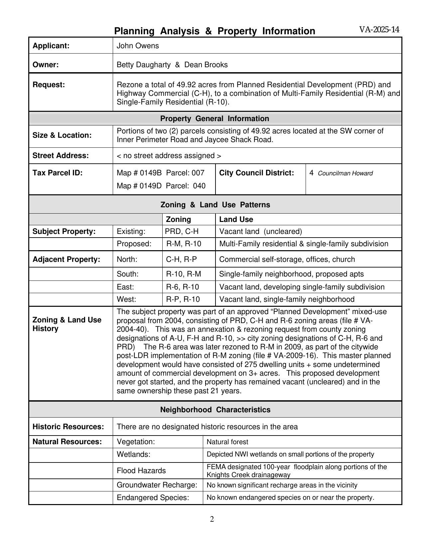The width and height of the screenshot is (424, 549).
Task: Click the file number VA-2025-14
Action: point(379,30)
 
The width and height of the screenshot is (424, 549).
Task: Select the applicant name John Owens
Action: point(138,46)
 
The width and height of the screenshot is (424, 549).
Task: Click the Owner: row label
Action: point(46,65)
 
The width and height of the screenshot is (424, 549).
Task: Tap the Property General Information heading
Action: point(214,119)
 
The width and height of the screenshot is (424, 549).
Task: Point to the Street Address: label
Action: point(61,156)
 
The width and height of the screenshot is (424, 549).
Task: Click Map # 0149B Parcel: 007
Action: point(161,173)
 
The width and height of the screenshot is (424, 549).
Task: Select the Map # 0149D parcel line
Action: point(161,186)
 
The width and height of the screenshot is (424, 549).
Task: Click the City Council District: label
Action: point(257,173)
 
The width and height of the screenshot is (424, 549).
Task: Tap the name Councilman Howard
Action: point(345,173)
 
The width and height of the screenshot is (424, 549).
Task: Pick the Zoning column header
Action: point(178,220)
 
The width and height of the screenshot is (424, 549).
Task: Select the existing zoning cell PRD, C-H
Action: point(182,232)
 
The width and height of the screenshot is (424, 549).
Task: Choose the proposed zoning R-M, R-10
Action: point(184,244)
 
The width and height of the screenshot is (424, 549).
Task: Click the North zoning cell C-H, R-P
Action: point(182,260)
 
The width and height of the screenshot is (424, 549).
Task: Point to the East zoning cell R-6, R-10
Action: point(183,287)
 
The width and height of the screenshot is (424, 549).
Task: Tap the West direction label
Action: point(126,299)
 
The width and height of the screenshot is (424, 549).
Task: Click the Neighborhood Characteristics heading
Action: point(215,410)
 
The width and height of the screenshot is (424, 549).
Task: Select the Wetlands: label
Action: point(133,455)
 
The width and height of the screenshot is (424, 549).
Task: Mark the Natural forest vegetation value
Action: point(227,442)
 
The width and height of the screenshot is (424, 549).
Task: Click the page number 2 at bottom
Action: point(212,519)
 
